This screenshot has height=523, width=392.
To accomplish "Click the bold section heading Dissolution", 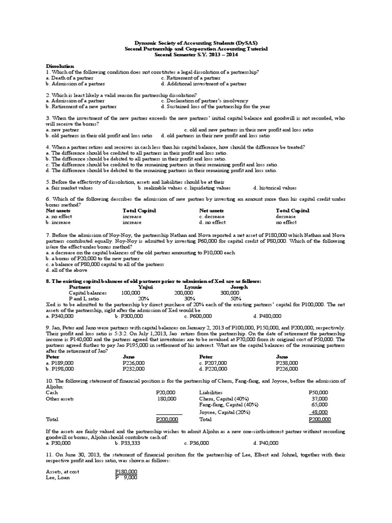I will pos(60,66).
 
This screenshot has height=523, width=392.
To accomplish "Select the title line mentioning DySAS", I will pos(196,43).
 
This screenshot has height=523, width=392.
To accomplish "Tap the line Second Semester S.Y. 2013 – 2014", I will pos(196,54).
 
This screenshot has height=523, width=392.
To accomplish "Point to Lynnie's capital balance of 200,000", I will pos(183,293).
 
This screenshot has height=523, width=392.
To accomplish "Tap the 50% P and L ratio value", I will pos(235,298).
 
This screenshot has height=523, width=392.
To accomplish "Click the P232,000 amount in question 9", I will pos(134,368).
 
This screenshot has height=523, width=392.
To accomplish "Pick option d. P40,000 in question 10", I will pos(266,443).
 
